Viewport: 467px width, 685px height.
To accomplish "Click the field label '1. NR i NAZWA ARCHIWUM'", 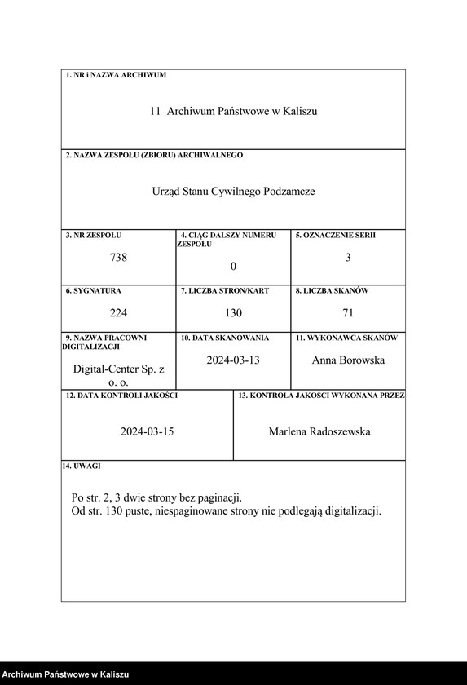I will click(116, 75).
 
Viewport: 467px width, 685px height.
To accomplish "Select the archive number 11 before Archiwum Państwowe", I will click(155, 111).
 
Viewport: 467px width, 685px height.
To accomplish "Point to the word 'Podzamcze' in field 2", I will click(289, 192).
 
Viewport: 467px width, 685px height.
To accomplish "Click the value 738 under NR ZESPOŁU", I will click(118, 258).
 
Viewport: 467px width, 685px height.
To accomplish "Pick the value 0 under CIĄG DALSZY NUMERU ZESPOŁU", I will click(233, 267).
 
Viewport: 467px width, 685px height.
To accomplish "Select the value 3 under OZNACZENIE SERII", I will click(348, 258).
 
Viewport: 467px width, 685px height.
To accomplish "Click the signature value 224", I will click(118, 312).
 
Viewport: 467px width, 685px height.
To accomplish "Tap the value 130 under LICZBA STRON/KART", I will click(233, 312).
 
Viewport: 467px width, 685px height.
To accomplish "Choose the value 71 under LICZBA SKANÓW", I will click(348, 312).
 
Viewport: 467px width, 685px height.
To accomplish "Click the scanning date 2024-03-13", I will click(233, 360).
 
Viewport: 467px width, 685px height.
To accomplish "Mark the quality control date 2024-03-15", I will click(147, 431).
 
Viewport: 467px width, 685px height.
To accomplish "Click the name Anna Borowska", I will click(348, 360).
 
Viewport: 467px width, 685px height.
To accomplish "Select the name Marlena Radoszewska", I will click(319, 431).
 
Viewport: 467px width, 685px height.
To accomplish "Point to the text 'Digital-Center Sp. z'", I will click(118, 369).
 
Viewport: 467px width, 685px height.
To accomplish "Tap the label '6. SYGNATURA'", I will click(94, 290).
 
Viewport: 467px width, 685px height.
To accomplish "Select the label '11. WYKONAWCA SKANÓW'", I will click(346, 338).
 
